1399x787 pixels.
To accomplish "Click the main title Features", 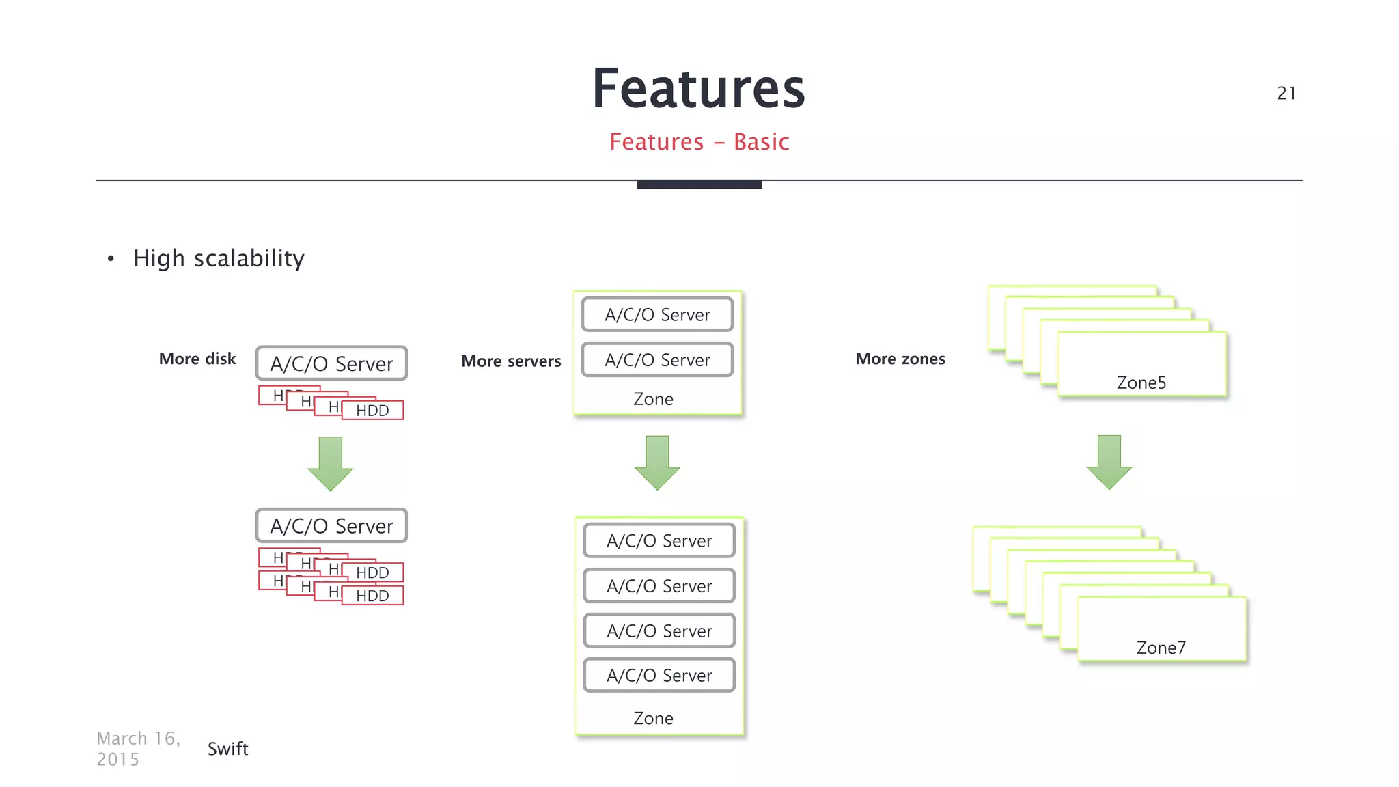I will point(698,89).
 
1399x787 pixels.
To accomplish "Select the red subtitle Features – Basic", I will point(699,142).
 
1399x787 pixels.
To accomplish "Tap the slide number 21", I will point(1286,94).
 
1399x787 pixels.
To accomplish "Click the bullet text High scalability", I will point(219,258).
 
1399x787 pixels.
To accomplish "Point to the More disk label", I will point(197,359).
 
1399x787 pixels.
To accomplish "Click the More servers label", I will point(511,361).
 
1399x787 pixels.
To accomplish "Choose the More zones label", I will point(900,359).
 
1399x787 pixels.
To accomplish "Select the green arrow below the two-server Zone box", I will point(657,462).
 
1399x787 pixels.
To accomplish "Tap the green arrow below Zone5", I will point(1109,462).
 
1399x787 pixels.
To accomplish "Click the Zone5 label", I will point(1141,383).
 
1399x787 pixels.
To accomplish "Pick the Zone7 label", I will point(1161,648).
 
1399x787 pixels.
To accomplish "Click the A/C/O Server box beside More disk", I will point(332,363).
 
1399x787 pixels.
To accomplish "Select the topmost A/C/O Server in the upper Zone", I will point(657,314).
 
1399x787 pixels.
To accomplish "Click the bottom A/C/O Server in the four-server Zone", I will point(659,675).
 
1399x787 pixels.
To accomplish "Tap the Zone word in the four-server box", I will point(653,718).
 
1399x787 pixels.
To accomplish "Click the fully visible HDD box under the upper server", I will point(372,411).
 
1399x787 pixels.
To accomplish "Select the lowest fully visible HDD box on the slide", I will point(372,596).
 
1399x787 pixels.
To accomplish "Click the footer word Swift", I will point(227,749).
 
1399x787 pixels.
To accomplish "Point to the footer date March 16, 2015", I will point(138,749).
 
